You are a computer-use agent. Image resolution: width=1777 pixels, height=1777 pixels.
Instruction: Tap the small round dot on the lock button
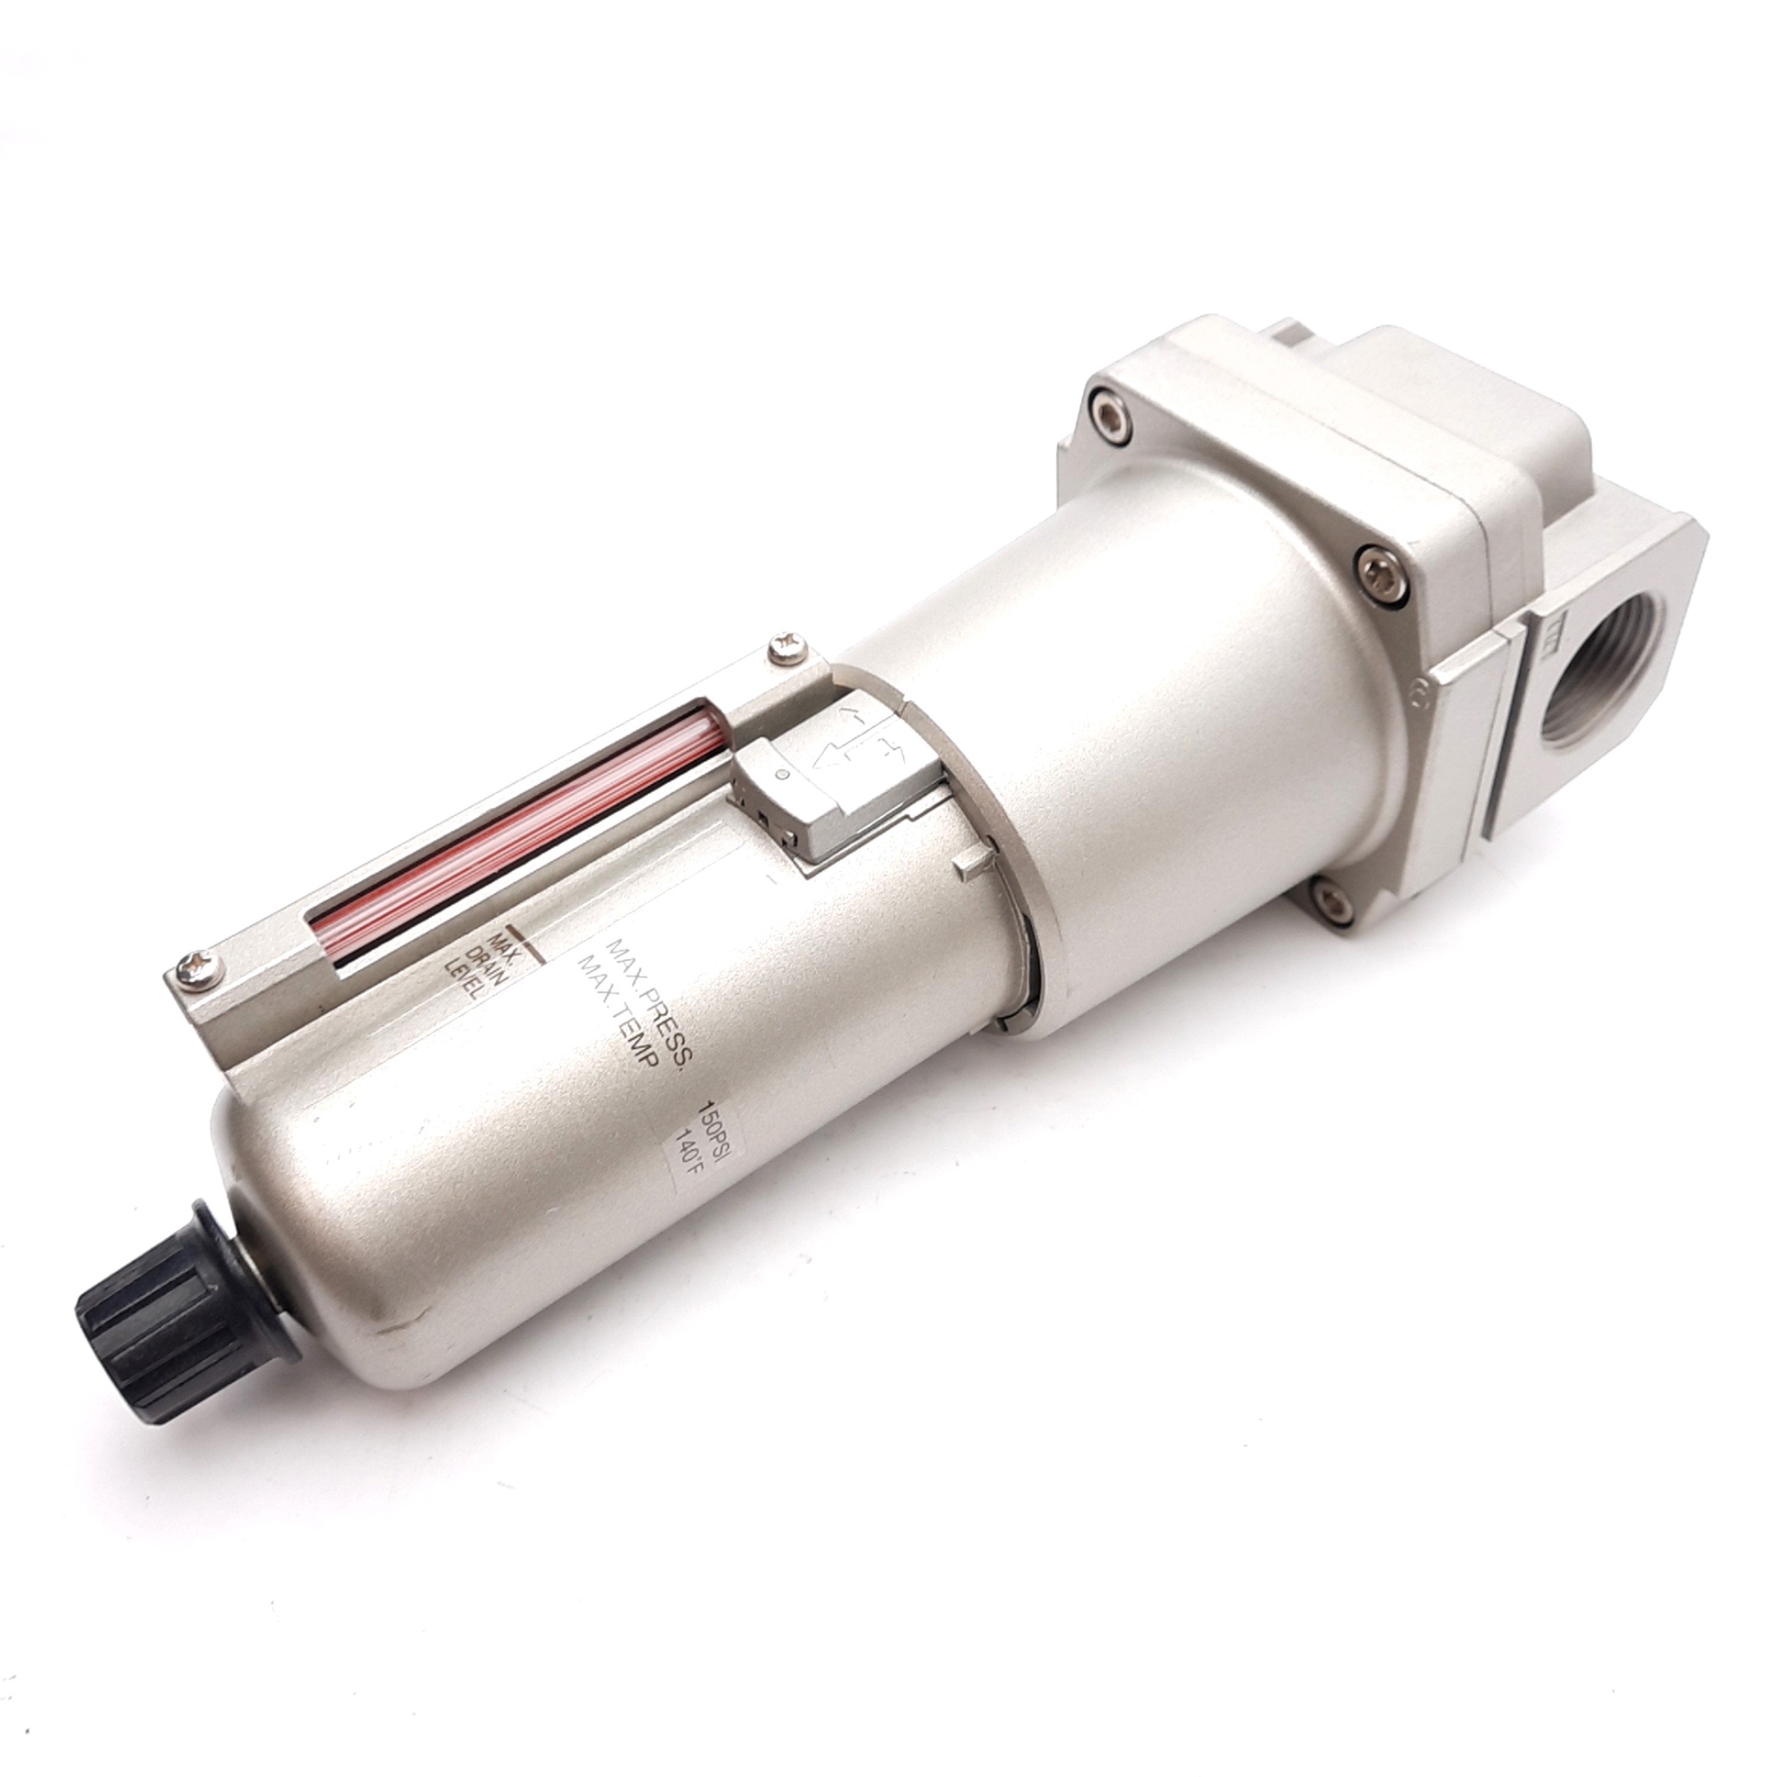tap(782, 774)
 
